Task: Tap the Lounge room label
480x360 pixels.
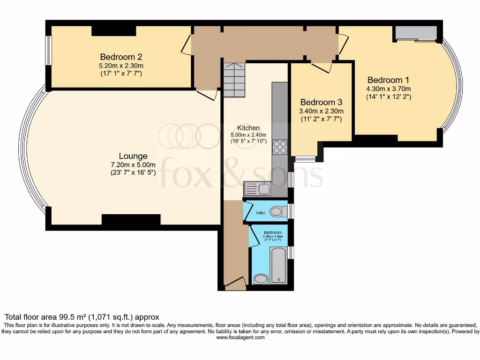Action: (133, 156)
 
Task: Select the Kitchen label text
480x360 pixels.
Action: (248, 127)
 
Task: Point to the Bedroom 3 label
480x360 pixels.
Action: (321, 102)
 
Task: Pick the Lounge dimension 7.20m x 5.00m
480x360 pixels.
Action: (133, 165)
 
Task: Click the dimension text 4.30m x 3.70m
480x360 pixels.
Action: (388, 89)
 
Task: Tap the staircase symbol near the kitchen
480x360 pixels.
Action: (234, 80)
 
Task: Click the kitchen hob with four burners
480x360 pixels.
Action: (280, 147)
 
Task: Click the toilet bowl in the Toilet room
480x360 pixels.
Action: (278, 212)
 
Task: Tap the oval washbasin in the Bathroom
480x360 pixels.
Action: (261, 279)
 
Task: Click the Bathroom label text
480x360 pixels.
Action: (272, 232)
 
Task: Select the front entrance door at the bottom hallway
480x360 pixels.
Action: (235, 284)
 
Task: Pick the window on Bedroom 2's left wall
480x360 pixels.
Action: (48, 51)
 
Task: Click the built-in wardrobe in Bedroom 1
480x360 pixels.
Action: (416, 33)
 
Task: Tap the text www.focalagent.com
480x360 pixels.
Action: (240, 337)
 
